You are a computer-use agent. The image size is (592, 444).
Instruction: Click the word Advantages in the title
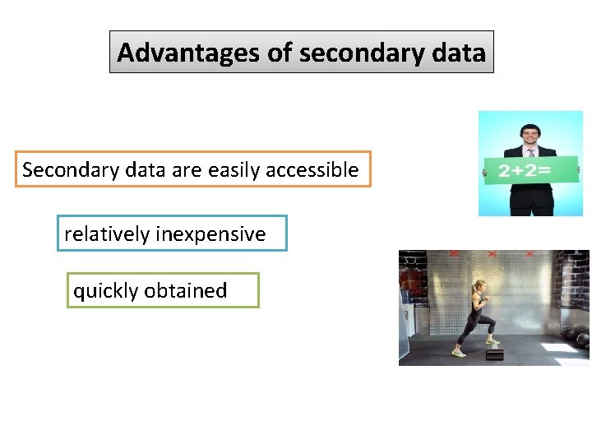189,53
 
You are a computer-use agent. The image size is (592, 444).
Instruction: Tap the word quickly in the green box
105,291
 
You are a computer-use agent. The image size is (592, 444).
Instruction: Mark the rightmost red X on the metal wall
529,254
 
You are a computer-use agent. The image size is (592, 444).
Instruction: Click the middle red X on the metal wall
492,254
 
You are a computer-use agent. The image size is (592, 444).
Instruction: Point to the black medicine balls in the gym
576,337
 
